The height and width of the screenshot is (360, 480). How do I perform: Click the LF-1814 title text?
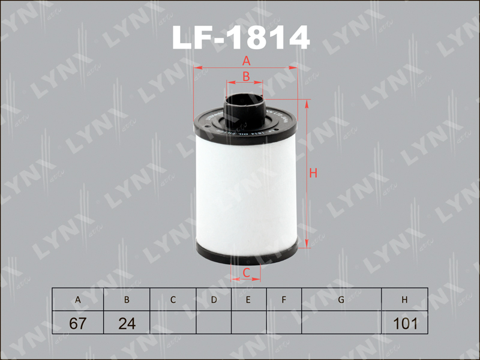pos(241,37)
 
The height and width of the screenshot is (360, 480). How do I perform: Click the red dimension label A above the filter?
pos(245,61)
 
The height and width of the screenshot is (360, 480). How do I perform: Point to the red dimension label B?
pos(245,76)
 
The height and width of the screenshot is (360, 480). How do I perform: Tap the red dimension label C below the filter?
pos(245,274)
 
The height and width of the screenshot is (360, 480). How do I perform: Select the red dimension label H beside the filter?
pos(313,173)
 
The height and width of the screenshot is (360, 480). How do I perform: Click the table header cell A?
pos(77,299)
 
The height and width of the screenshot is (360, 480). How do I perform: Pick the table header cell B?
pos(127,299)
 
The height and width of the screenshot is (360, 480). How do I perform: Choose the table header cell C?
pos(173,299)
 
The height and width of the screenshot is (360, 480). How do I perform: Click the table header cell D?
pos(214,299)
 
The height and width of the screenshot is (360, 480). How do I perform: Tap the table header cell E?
pos(248,299)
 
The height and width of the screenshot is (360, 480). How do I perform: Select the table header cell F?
pos(283,299)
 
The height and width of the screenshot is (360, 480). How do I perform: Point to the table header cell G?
pos(341,299)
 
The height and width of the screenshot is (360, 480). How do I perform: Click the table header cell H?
pos(404,299)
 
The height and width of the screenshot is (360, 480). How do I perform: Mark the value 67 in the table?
pos(77,323)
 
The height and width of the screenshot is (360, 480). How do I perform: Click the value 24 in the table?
pos(127,323)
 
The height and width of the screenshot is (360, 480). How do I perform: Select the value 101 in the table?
pos(404,323)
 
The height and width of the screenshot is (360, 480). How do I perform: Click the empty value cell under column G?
pos(341,323)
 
